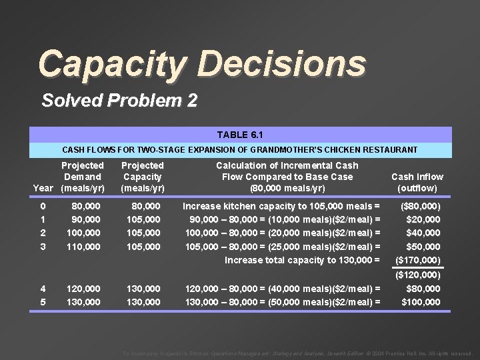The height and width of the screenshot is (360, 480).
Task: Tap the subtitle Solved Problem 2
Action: coord(119,101)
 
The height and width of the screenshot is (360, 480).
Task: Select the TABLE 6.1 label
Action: coord(241,135)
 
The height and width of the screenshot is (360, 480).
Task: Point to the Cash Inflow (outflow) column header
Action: coord(417,182)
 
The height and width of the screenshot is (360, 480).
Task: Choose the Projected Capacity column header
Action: coord(142,177)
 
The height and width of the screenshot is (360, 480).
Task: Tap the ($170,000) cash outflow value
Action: coord(418,260)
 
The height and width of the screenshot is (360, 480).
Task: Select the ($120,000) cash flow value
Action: coord(418,275)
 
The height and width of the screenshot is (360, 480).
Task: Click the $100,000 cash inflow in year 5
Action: coord(421,302)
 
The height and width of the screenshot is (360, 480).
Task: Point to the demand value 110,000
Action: coord(83,247)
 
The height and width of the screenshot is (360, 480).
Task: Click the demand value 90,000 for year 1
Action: coord(86,219)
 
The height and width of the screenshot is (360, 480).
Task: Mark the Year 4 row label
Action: coord(43,289)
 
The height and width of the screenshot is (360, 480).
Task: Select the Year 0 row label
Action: coord(43,206)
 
